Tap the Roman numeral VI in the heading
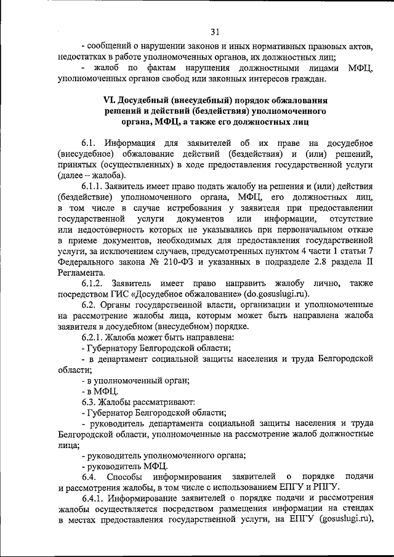tap(108, 100)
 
